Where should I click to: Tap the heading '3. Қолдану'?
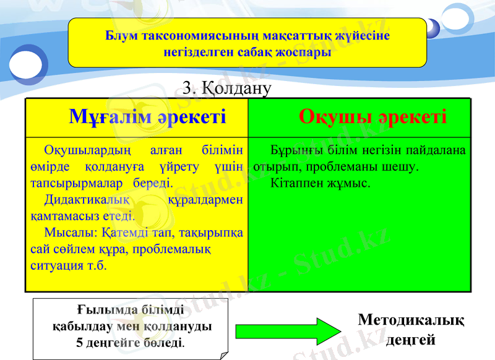228,88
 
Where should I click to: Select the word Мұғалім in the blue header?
113,116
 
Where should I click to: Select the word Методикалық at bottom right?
411,320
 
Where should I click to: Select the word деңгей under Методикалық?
411,340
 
